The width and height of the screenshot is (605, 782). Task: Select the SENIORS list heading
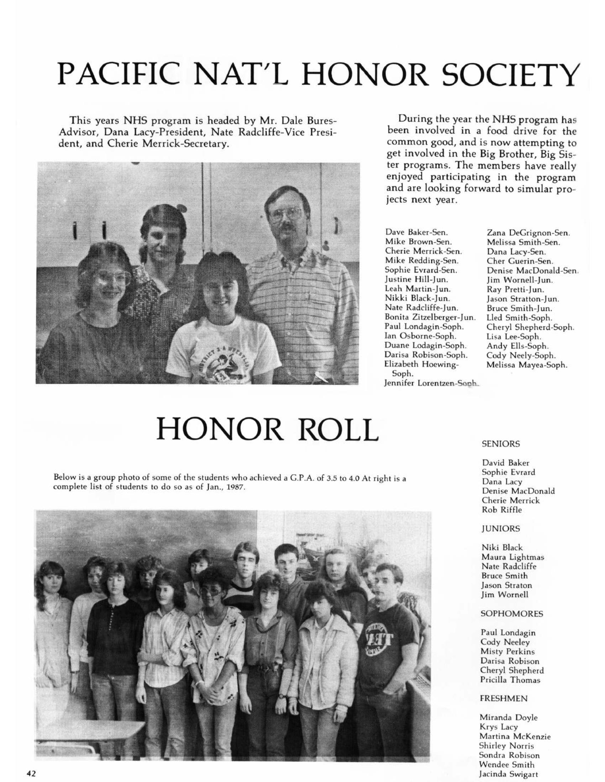500,444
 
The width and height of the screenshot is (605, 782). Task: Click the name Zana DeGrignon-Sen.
528,233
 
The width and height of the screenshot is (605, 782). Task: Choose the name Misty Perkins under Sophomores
507,651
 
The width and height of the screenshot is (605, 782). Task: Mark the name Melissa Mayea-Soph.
526,365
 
